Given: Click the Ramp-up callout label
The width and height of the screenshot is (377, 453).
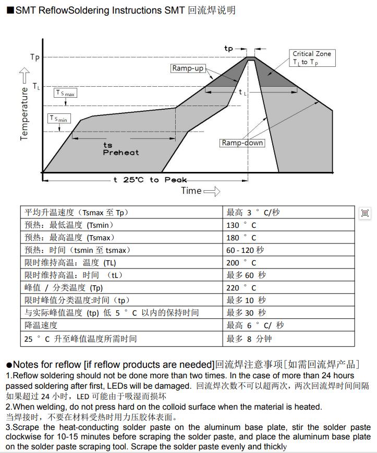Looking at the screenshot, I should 188,68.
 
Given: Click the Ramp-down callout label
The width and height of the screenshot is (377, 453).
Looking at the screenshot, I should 242,143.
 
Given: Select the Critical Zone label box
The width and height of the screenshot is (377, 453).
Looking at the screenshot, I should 311,57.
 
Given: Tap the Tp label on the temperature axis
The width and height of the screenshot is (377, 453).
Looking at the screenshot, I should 35,57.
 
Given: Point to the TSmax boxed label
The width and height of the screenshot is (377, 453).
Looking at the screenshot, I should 66,93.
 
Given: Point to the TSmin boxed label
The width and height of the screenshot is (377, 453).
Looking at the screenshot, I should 59,119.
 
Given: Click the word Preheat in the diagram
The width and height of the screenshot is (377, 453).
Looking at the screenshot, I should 121,153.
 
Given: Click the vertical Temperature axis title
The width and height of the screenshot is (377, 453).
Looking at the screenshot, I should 24,113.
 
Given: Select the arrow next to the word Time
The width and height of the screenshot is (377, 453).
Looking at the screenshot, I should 211,191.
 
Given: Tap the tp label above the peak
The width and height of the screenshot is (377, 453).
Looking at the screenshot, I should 228,48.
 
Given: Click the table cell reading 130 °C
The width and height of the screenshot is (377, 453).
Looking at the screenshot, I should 241,225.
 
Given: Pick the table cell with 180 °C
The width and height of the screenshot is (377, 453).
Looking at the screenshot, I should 241,238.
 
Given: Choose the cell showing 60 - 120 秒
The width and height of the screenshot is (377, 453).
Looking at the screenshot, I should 245,250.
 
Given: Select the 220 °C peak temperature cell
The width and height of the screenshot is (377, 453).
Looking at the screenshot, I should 241,288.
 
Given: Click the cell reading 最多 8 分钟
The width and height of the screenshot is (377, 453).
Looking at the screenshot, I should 249,339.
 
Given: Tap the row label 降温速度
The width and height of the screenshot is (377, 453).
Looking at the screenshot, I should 41,326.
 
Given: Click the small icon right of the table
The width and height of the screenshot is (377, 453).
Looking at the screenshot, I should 365,213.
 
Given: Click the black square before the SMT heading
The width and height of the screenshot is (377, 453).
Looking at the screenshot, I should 9,10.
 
